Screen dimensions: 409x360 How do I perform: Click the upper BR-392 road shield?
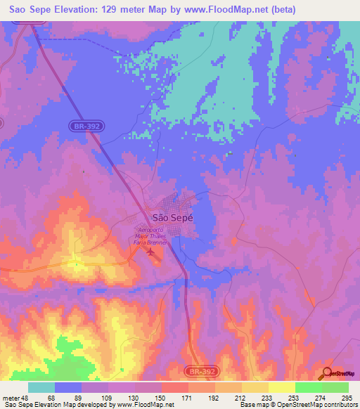coord(84,126)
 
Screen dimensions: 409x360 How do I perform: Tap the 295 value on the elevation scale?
coord(346,398)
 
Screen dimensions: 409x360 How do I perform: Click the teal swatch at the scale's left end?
coord(41,387)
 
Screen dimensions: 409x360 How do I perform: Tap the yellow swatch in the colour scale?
coord(281,387)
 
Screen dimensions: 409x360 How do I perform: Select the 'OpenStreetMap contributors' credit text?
coord(317,405)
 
